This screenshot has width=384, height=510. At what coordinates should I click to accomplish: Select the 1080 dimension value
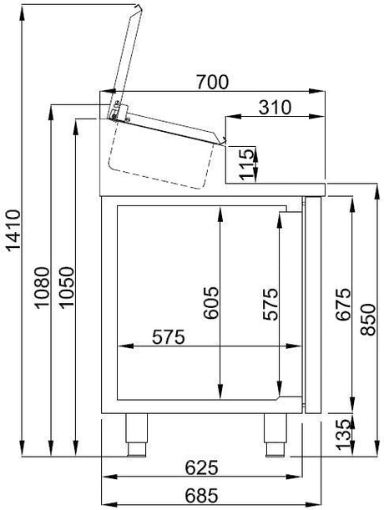coord(42,288)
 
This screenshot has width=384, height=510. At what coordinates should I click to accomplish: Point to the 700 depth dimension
coord(211,81)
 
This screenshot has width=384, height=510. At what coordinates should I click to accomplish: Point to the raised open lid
coord(134,50)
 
